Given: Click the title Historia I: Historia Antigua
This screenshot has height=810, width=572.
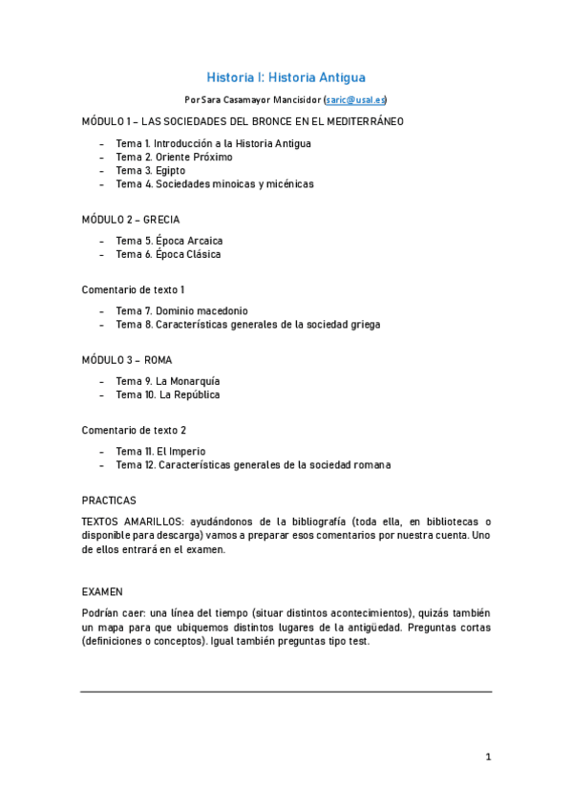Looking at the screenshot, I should coord(286,77).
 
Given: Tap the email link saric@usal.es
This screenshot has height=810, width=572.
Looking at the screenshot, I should coord(355,99).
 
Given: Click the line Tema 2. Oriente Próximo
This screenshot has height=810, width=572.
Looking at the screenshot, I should coord(174,157).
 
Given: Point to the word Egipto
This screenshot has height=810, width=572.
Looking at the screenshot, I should coord(171,170).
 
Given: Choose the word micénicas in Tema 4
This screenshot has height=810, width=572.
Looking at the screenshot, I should coord(286,183).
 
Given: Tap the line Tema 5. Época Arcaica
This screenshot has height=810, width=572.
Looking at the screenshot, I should coord(169,241).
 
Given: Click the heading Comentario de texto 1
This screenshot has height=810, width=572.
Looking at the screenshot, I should coord(133,288).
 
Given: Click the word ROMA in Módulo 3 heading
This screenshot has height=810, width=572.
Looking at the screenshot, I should coord(159,359).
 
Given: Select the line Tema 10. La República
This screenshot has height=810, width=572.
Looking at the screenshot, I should coord(168,394).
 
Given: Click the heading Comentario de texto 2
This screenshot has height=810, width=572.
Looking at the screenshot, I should coord(134,430).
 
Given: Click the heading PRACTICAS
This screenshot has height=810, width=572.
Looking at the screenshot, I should coord(109,500).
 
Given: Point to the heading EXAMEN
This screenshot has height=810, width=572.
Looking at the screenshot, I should coord(102,591).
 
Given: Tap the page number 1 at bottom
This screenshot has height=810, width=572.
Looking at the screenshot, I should coord(488,757).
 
